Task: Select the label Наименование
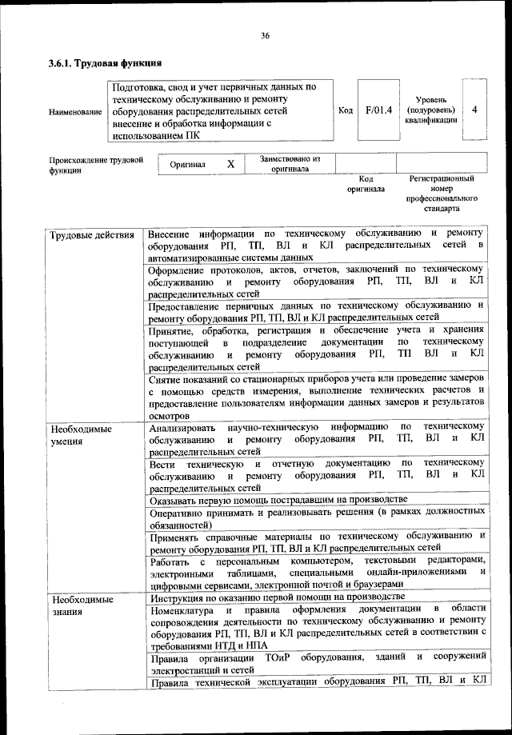click(75, 110)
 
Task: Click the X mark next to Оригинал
click(230, 164)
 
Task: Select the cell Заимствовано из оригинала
click(290, 164)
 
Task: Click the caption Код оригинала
click(366, 185)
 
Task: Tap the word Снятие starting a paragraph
click(165, 377)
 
